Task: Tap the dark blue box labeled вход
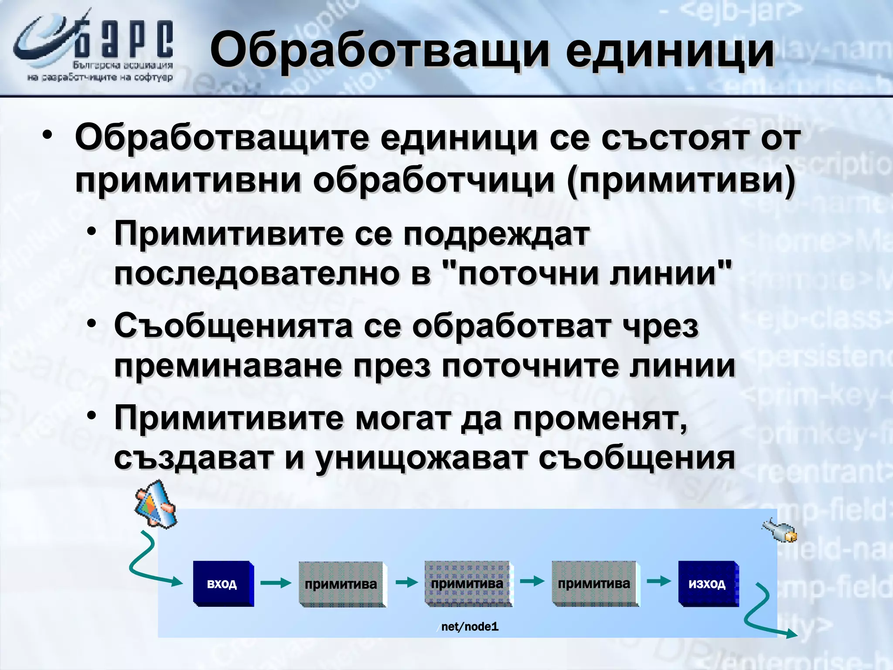tap(222, 584)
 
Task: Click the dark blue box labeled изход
tap(708, 584)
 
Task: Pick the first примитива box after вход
tap(341, 584)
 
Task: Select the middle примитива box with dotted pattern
tap(467, 584)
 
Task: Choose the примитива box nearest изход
tap(594, 584)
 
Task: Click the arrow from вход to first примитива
tap(276, 582)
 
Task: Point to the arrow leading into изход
tap(658, 581)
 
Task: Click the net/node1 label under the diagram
tap(469, 627)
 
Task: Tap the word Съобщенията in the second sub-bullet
tap(233, 326)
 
